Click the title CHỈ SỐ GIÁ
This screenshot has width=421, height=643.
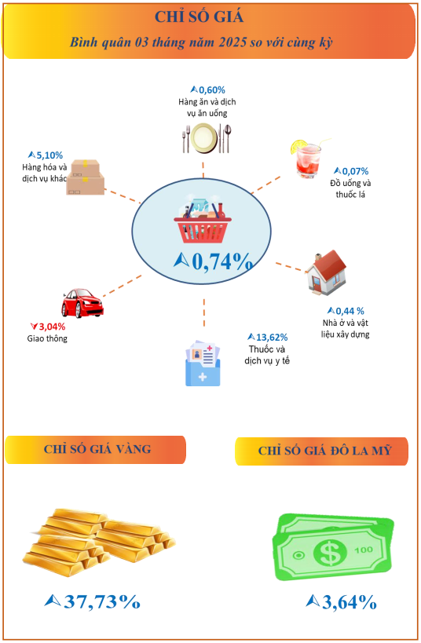(199, 16)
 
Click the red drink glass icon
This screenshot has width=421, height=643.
(309, 159)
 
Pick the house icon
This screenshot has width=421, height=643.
(326, 272)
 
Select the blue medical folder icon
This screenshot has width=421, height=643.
(203, 363)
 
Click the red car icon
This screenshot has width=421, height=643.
(82, 303)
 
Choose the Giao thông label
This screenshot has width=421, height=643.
(47, 338)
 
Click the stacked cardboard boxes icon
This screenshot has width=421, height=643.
(86, 177)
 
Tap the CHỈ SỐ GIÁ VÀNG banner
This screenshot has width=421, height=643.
(96, 449)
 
